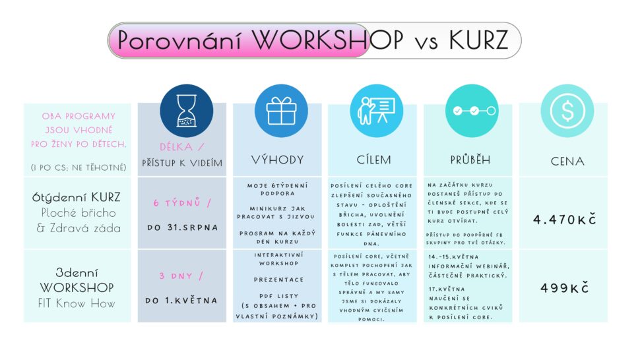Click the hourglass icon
pos(187,111)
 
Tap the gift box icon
pos(281,111)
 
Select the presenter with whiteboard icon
pos(376,111)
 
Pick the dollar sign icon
pos(567,111)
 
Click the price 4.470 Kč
pos(565,220)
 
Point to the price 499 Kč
pos(565,288)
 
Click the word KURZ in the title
pos(478,40)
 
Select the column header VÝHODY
pos(278,160)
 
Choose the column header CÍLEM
pos(374,160)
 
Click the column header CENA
pos(567,162)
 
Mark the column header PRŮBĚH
pos(470,160)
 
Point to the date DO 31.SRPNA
pos(183,227)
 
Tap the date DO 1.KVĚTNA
pos(181,301)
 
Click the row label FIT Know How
pos(77,303)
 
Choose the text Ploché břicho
pos(79,213)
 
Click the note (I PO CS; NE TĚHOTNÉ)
pos(79,167)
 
